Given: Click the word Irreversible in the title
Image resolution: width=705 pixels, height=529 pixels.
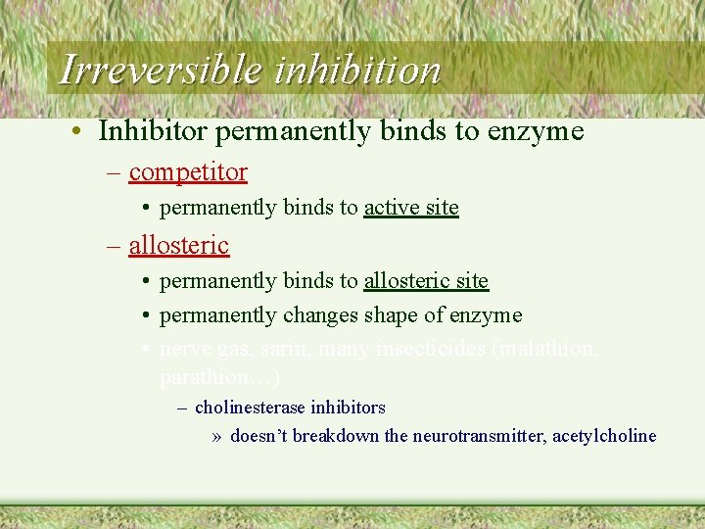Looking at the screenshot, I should pyautogui.click(x=160, y=71).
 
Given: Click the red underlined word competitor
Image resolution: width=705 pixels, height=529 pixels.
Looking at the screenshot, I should pyautogui.click(x=188, y=172).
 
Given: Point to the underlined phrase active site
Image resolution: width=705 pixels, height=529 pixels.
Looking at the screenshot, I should pyautogui.click(x=411, y=208).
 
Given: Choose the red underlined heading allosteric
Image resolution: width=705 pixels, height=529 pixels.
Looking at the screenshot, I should pyautogui.click(x=179, y=245).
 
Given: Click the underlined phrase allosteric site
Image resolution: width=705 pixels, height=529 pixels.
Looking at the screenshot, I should pyautogui.click(x=426, y=281).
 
